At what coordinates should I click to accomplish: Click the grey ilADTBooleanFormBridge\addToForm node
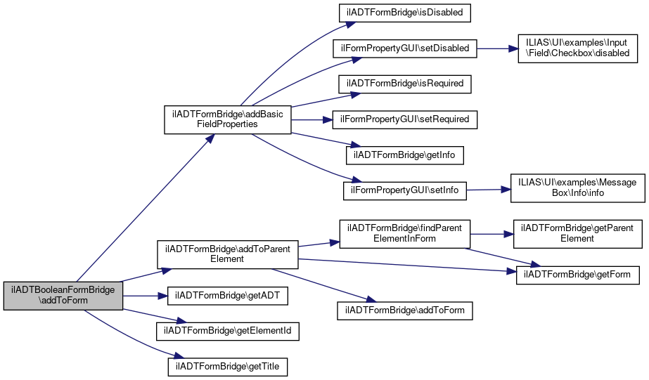coord(63,296)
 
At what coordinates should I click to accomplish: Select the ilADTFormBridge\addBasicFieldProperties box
coord(228,119)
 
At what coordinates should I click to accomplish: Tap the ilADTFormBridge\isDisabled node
coord(405,13)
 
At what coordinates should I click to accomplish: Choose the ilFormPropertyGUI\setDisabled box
coord(405,48)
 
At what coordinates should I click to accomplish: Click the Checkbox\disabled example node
coord(578,48)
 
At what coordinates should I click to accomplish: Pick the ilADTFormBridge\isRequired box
coord(405,84)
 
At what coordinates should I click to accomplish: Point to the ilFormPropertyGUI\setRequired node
coord(405,119)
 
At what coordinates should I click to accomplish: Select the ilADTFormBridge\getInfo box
coord(405,155)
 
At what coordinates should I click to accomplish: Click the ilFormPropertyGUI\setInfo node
coord(405,190)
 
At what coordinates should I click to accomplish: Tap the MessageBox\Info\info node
coord(578,188)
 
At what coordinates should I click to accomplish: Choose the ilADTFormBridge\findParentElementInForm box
coord(405,234)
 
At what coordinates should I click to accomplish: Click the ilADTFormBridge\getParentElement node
coord(578,234)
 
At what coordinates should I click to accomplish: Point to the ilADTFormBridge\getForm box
coord(578,275)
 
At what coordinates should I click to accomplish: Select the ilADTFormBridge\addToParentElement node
coord(228,254)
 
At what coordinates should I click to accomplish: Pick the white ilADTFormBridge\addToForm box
coord(405,310)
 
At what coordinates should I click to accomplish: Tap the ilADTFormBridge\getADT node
coord(228,296)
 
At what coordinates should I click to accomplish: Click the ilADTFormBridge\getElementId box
coord(228,332)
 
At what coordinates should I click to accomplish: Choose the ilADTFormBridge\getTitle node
coord(228,367)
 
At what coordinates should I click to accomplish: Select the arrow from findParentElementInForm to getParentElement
coord(491,234)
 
